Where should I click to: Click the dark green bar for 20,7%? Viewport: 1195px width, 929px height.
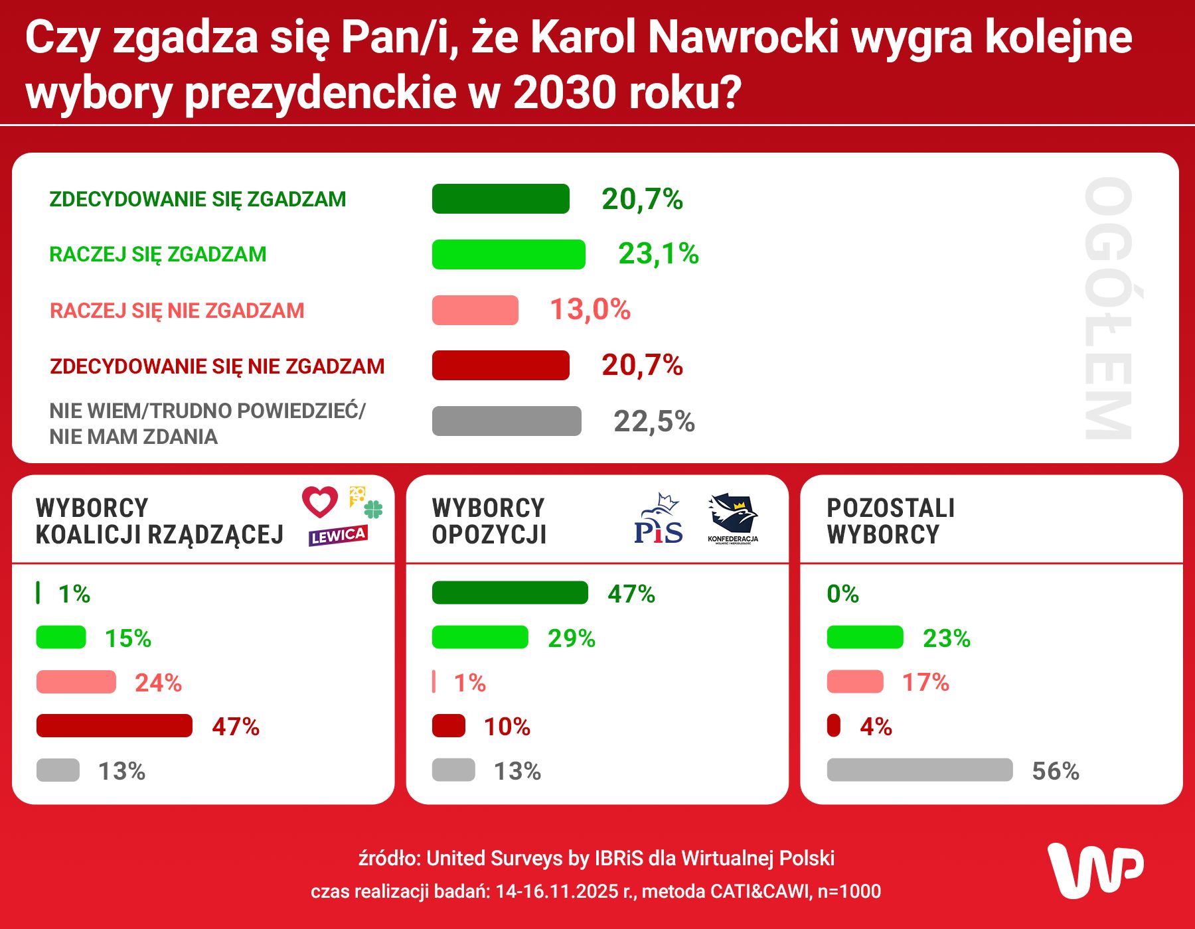[501, 199]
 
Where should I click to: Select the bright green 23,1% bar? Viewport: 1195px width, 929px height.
[509, 254]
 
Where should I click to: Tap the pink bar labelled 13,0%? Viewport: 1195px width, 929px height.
[475, 310]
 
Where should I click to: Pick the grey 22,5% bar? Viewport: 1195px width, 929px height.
[507, 421]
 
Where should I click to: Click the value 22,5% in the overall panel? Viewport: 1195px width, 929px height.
[654, 421]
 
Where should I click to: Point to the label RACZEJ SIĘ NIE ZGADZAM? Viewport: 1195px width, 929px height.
[177, 311]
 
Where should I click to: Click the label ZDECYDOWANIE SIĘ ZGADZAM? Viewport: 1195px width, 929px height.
[198, 199]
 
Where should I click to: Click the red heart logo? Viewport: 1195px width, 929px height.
[320, 502]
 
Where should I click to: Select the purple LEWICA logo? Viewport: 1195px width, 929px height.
[338, 536]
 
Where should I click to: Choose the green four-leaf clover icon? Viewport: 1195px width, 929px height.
[374, 509]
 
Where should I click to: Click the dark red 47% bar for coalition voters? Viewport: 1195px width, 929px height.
[114, 726]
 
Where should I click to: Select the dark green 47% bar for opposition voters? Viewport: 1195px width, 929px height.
[510, 593]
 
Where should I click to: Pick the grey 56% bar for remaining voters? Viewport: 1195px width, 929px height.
[919, 770]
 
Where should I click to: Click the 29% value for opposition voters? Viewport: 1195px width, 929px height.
[571, 638]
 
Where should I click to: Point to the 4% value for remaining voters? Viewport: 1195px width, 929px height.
[876, 727]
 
